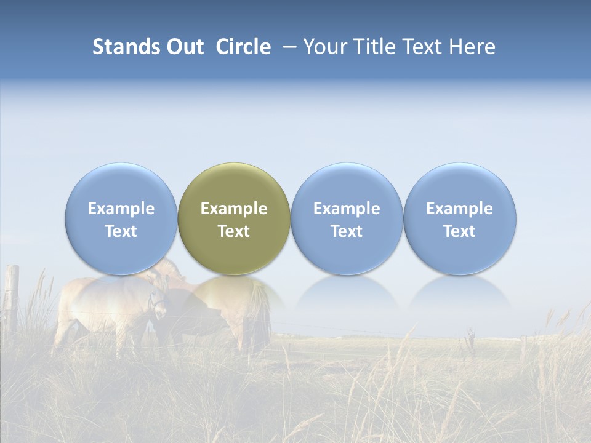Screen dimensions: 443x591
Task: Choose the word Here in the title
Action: click(x=472, y=47)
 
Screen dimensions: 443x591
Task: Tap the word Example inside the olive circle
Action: click(x=234, y=209)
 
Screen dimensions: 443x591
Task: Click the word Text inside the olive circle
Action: click(x=234, y=231)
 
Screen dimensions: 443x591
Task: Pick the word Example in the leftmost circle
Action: click(x=121, y=209)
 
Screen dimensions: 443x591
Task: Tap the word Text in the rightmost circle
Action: click(x=460, y=231)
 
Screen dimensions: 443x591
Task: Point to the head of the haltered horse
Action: click(x=159, y=301)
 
